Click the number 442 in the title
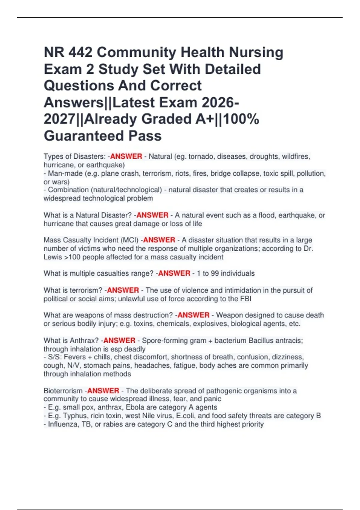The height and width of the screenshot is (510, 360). tap(80, 52)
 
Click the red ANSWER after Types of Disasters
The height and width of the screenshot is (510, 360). tap(126, 157)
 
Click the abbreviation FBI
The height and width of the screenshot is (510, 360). tap(246, 299)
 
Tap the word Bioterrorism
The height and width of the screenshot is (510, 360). tap(63, 391)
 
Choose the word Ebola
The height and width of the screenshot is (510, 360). tap(136, 407)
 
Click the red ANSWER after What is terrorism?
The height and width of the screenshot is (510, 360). tap(123, 290)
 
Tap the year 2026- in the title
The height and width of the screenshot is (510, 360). tap(220, 103)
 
